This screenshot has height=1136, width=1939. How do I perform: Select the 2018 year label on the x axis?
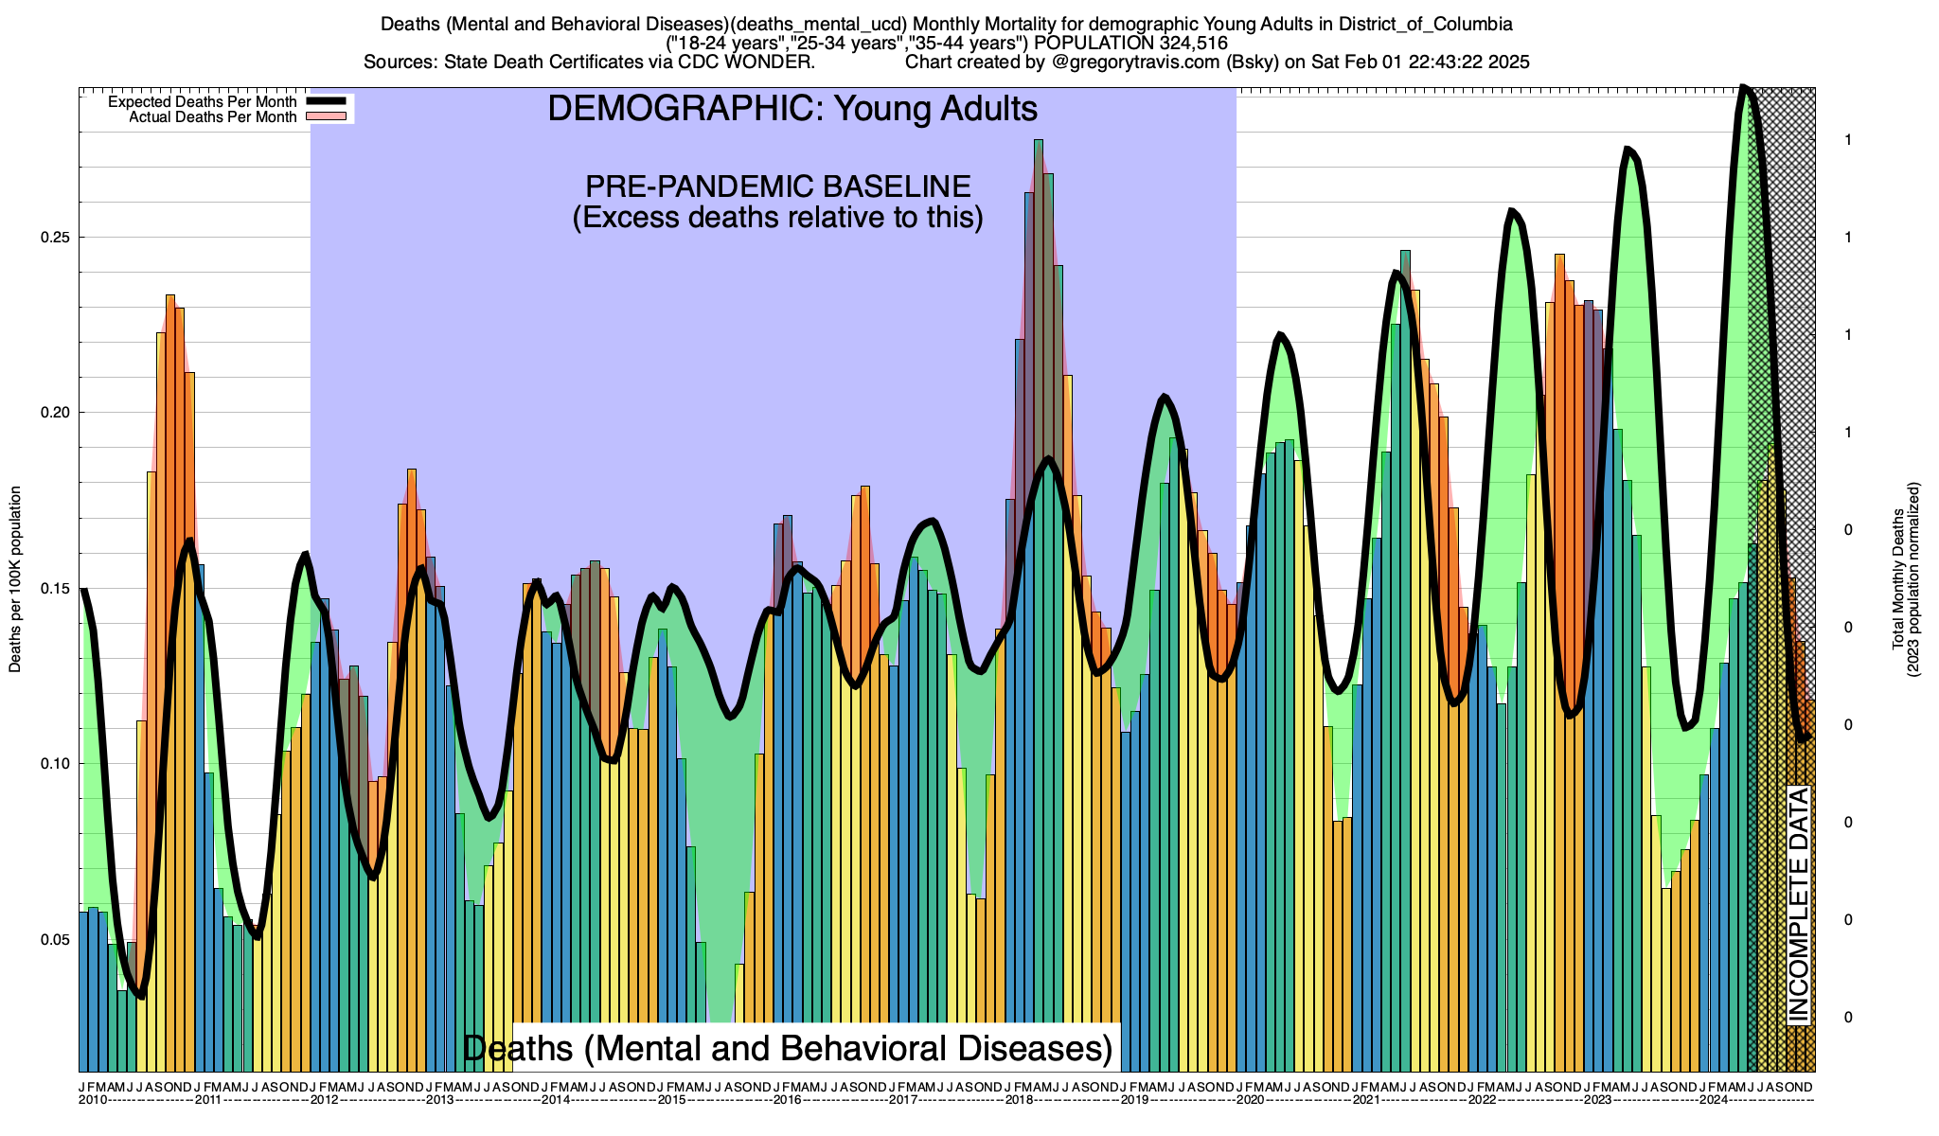[1020, 1100]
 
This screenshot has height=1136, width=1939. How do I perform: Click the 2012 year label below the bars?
[325, 1100]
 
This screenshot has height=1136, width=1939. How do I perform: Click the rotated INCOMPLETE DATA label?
[1798, 905]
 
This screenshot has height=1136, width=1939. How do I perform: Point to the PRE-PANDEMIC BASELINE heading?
[777, 186]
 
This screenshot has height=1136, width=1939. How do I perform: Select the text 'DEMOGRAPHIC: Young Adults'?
[792, 109]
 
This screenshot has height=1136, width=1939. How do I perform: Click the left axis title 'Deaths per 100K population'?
[15, 579]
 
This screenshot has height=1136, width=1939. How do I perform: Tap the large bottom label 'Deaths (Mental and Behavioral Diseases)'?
[788, 1049]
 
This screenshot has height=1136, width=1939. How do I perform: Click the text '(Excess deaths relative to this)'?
[777, 218]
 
